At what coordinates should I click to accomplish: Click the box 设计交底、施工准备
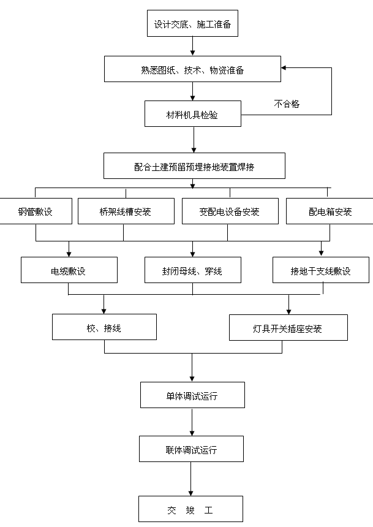[x=192, y=25]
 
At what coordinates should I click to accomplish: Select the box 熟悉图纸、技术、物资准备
[x=192, y=69]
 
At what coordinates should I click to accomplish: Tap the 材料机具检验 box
[x=192, y=114]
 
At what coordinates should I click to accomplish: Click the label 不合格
[x=287, y=104]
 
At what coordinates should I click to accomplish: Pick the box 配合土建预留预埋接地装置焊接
[x=194, y=165]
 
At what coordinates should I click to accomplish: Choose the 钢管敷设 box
[x=35, y=211]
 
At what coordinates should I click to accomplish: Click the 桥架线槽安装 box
[x=125, y=211]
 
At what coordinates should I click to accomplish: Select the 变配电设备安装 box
[x=229, y=211]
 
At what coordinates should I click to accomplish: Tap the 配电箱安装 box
[x=330, y=211]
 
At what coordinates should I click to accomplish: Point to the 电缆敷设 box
[x=69, y=270]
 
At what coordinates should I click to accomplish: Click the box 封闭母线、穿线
[x=193, y=270]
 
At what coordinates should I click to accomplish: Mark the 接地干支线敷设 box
[x=320, y=270]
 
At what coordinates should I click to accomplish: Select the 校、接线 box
[x=104, y=327]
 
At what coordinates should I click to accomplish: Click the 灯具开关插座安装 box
[x=288, y=328]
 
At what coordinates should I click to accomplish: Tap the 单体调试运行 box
[x=192, y=395]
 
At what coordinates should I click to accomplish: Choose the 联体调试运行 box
[x=191, y=449]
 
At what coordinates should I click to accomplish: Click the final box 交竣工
[x=190, y=509]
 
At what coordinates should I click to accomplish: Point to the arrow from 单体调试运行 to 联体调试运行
[x=192, y=422]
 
